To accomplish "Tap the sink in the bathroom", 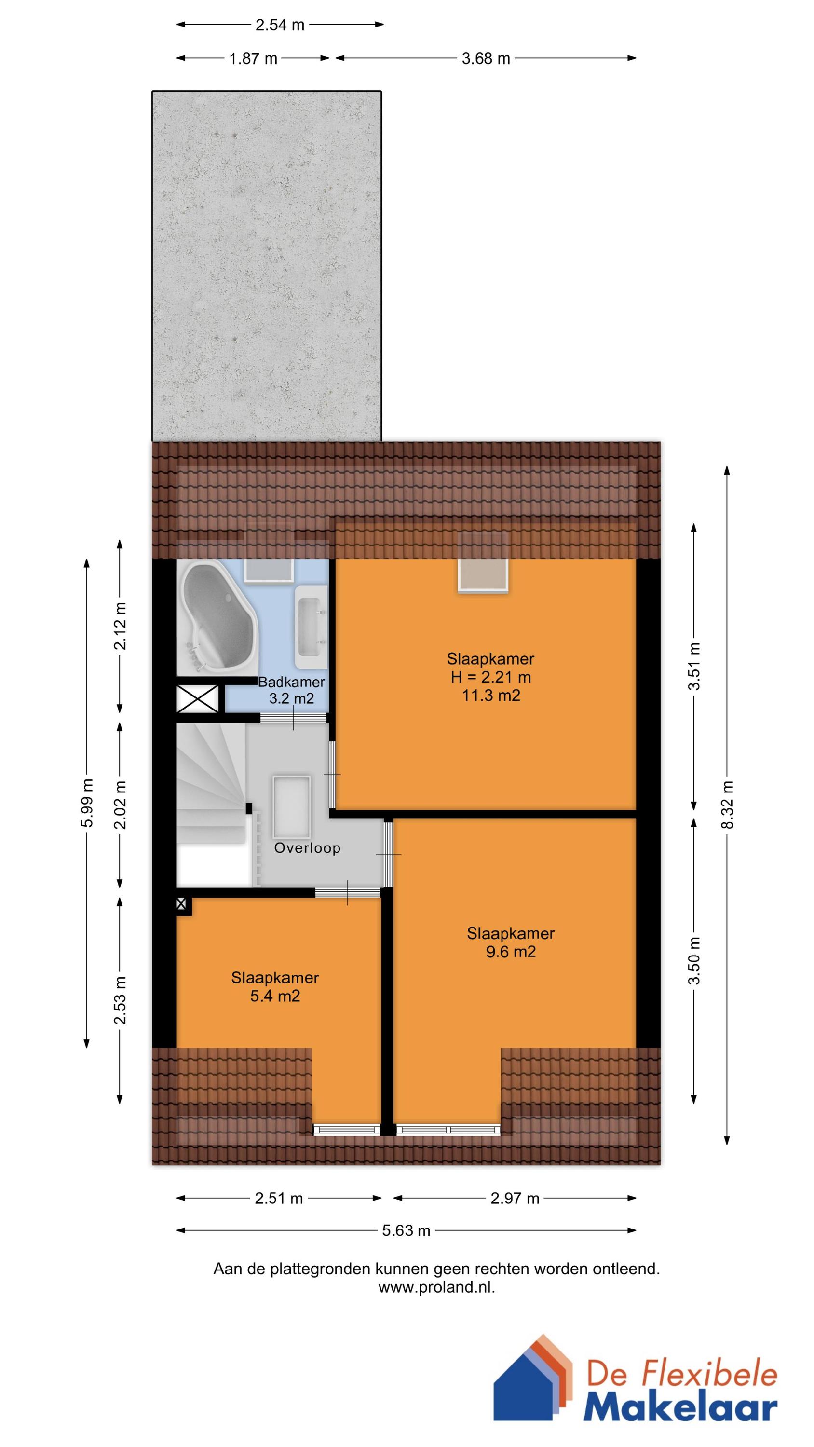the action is click(311, 628).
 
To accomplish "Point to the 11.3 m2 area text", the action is click(491, 696).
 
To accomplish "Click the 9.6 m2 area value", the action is click(511, 952).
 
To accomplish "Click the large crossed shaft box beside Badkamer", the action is click(198, 699).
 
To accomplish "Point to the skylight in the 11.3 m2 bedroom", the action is click(483, 562).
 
